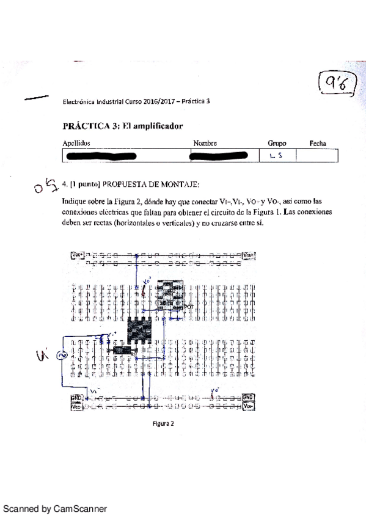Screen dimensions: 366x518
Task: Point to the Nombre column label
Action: coord(205,144)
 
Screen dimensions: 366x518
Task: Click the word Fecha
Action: coord(317,144)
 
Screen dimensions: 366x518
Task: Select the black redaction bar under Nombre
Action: coord(219,156)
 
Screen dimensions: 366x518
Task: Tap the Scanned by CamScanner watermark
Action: coord(56,508)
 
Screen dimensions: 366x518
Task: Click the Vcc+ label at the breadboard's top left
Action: coord(78,255)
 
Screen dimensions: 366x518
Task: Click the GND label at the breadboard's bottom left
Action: coord(77,397)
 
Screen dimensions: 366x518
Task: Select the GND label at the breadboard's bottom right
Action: coord(248,397)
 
